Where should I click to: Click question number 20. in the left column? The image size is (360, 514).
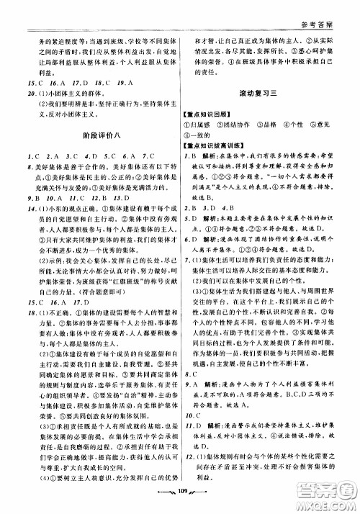click(26, 94)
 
